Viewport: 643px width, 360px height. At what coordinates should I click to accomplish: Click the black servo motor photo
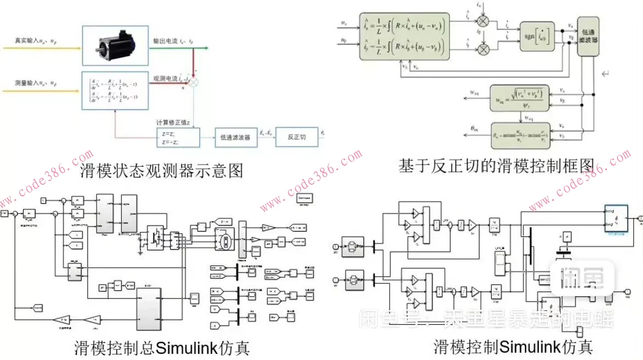coord(115,45)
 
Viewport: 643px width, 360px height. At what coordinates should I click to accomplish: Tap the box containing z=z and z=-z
coord(178,137)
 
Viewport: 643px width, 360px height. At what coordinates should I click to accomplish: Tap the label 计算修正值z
coord(174,122)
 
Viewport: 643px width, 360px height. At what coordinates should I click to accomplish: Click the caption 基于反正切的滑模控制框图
coord(497,164)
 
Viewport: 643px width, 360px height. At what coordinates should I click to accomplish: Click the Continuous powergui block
coord(304,198)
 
